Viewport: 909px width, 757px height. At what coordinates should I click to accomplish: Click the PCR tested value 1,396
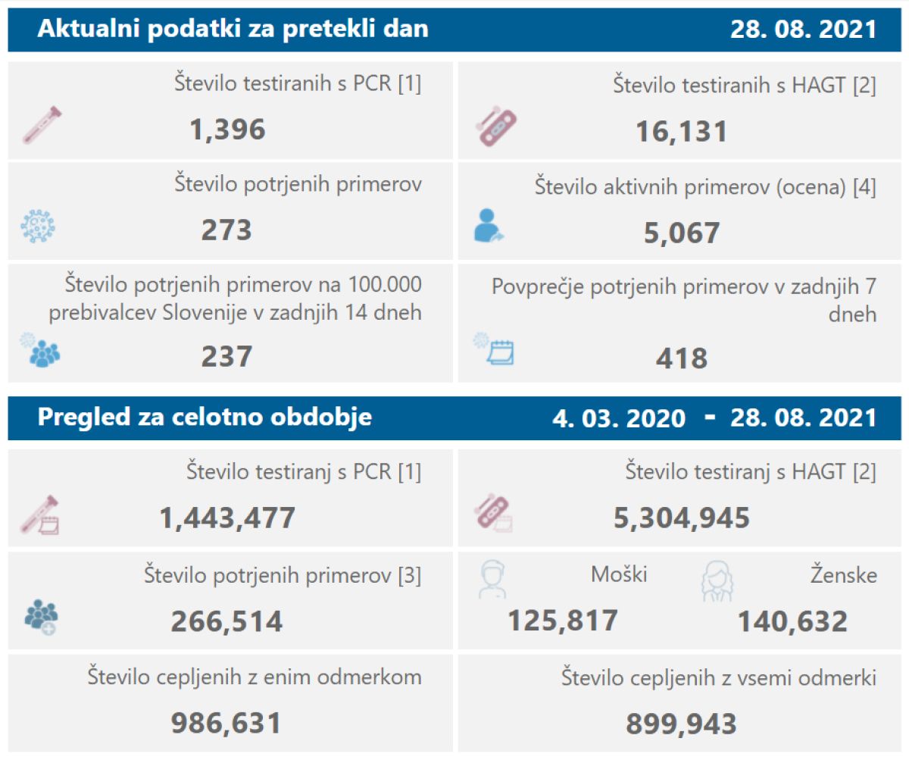point(227,130)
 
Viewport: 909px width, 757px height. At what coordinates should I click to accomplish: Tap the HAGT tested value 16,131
point(681,131)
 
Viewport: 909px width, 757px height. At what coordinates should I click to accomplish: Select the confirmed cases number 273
point(226,230)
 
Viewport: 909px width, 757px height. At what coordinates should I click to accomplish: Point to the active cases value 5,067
point(681,232)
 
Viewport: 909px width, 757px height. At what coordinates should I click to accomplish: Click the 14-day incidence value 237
point(226,355)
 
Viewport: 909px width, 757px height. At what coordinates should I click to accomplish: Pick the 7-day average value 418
point(681,358)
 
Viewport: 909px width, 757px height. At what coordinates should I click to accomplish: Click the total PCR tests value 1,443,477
point(227,518)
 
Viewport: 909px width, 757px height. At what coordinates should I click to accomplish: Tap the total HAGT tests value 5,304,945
point(681,518)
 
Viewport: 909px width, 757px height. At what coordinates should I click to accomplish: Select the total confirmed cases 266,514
point(226,621)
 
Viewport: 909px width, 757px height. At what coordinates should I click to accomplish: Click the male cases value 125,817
point(562,621)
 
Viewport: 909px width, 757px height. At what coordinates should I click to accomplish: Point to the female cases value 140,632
point(792,621)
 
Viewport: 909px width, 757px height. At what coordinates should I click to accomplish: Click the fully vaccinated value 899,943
point(681,724)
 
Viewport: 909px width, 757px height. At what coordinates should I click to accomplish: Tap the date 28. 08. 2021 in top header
point(803,30)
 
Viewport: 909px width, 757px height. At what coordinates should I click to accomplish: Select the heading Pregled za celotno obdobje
point(205,418)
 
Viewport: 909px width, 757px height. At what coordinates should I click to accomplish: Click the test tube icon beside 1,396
point(42,126)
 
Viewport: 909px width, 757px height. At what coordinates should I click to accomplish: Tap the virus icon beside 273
point(38,226)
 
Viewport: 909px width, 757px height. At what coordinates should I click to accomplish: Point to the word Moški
point(619,575)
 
